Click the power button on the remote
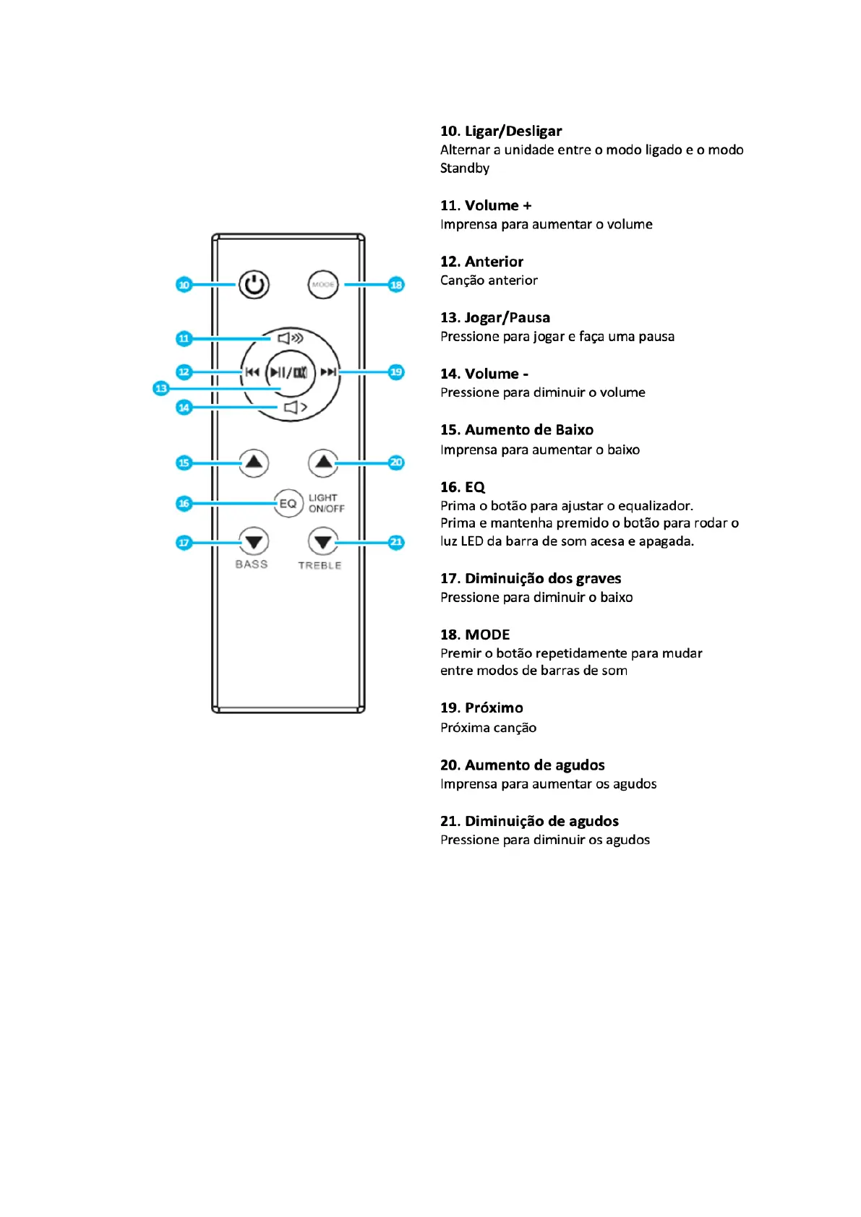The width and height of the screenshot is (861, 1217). point(254,285)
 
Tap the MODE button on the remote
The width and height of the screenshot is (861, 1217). point(322,285)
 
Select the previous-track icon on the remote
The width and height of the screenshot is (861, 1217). point(252,372)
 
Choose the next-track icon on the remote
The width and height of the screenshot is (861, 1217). point(328,372)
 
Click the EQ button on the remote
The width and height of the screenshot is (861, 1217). point(288,503)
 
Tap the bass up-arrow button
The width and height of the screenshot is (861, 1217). point(254,463)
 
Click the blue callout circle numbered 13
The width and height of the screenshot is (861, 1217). point(161,389)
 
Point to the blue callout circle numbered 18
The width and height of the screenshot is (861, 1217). point(396,285)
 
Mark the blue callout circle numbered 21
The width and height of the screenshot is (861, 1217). point(396,542)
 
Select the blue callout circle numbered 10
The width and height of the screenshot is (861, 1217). point(184,285)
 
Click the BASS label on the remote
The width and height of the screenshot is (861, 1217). point(251,564)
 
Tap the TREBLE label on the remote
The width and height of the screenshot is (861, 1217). point(320,565)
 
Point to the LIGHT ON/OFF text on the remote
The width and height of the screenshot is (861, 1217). point(326,503)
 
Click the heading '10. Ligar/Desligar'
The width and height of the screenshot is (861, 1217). point(500,131)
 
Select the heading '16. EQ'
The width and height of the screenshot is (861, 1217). point(463,487)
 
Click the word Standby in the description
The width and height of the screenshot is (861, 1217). point(465,168)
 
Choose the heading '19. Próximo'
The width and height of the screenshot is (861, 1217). point(481,708)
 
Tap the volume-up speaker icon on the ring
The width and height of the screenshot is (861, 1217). point(291,337)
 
